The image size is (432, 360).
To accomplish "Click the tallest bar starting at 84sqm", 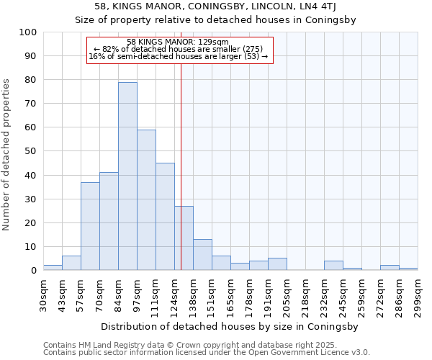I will [127, 176].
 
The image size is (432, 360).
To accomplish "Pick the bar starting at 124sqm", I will [184, 238].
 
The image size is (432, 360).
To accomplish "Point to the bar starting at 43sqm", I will [71, 263].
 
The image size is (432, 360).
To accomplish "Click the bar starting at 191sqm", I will [277, 264].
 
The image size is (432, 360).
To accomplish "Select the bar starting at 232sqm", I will [333, 266].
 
